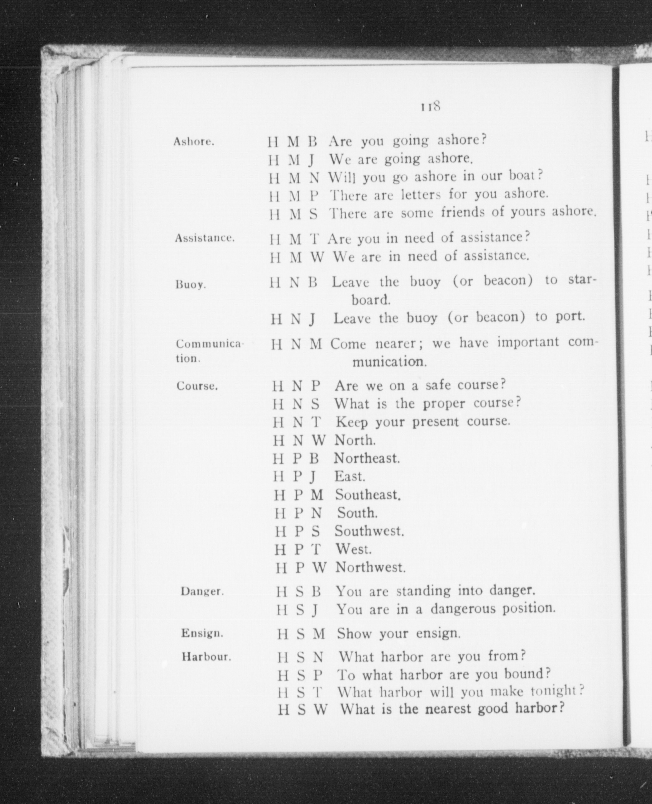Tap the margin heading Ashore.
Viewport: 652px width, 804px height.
click(194, 142)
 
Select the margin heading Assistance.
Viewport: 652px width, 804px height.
click(205, 238)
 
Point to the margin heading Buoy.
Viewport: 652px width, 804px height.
click(191, 284)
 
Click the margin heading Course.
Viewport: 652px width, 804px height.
click(197, 386)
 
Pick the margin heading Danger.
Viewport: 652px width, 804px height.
click(202, 591)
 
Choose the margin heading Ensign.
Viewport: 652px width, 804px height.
click(202, 633)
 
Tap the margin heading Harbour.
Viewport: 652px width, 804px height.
click(206, 657)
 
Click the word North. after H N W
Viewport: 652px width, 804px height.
click(355, 440)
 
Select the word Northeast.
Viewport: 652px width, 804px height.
click(366, 458)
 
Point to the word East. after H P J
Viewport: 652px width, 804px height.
click(350, 476)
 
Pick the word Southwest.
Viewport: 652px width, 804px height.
click(369, 531)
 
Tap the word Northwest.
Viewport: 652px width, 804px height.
click(370, 567)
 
